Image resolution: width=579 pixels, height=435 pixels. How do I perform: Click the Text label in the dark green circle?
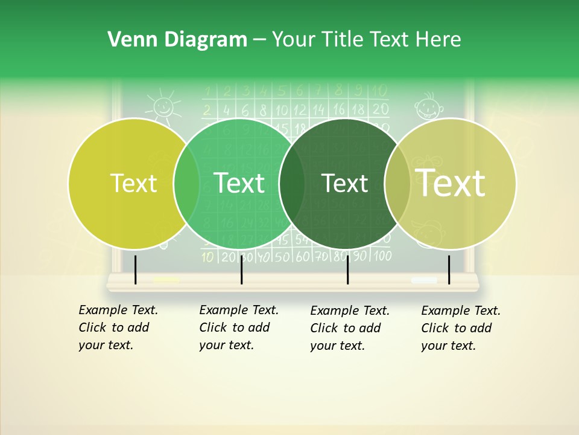344,184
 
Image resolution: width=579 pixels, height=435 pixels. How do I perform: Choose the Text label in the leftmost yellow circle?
133,184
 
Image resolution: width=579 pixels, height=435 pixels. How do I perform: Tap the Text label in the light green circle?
239,183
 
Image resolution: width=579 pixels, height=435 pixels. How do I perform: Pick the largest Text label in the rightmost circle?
451,183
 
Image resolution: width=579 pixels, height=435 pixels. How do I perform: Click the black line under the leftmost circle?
136,269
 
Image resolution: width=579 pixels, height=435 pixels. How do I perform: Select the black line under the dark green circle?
348,269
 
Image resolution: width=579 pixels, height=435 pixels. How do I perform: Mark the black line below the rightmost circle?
449,269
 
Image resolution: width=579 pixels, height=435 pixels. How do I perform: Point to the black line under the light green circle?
242,269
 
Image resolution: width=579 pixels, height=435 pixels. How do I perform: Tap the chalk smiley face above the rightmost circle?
428,106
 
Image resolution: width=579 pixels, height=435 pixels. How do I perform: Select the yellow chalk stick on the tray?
166,280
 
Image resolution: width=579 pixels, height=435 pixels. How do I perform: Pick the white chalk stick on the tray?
424,280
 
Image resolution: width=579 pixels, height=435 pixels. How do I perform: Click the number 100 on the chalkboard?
382,256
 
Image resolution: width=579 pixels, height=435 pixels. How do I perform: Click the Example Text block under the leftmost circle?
118,327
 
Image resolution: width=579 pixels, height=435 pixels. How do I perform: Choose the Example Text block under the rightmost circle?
461,328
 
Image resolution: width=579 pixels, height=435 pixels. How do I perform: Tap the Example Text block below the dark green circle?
350,328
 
